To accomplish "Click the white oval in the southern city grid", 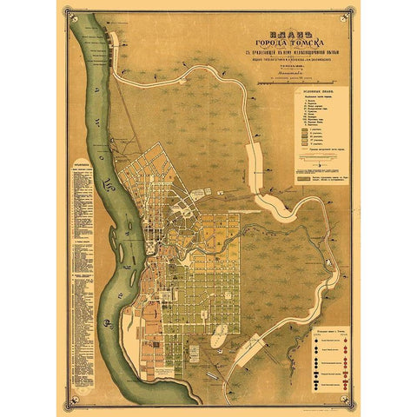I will pos(217,331).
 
